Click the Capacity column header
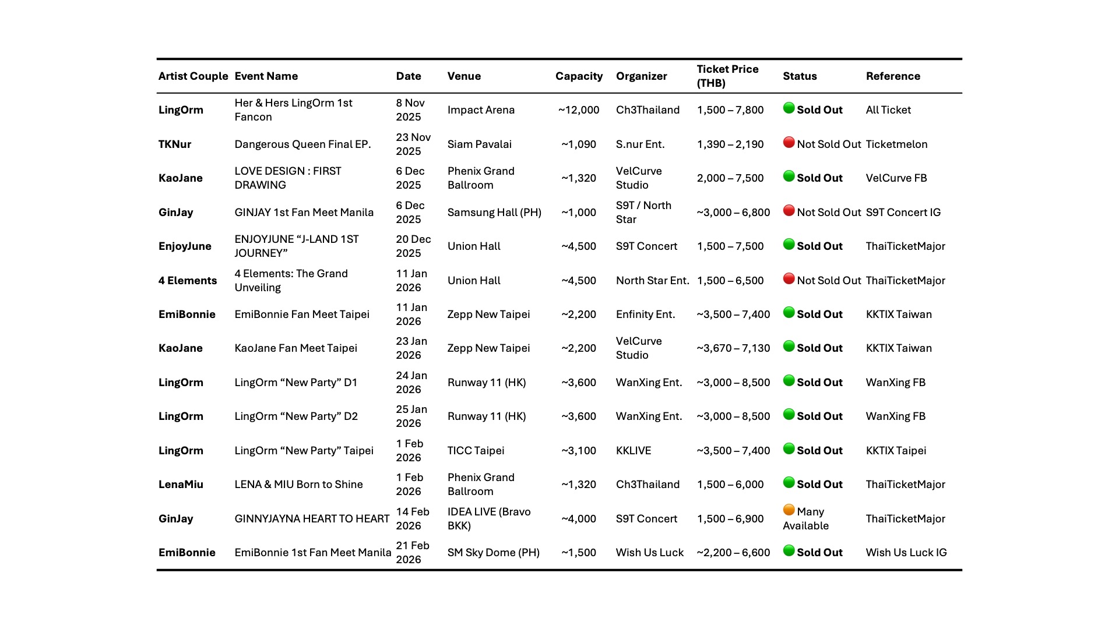[579, 76]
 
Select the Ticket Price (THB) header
[727, 76]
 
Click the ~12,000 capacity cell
[579, 110]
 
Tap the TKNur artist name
[175, 144]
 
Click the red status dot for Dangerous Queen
[789, 143]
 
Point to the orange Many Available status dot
[789, 510]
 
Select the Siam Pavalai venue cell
[479, 144]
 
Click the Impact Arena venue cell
[481, 110]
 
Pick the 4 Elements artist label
[188, 281]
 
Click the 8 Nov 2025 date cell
[410, 110]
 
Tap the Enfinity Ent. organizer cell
[645, 314]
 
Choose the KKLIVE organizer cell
[634, 451]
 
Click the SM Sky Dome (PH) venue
[493, 553]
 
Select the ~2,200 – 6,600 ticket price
[733, 553]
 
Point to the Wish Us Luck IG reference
[906, 553]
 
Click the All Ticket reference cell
[888, 110]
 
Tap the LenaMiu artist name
[181, 485]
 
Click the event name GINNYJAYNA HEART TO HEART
[312, 519]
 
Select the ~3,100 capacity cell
[579, 451]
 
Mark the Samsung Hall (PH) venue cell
[494, 213]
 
